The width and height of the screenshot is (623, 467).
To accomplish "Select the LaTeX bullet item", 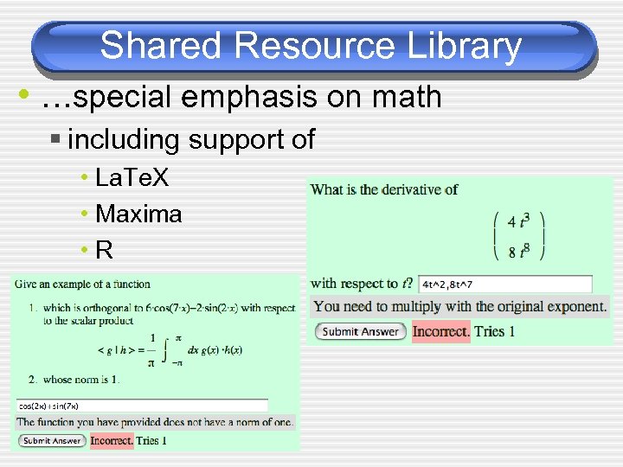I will coord(132,179).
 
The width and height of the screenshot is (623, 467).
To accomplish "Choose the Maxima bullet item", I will coord(138,214).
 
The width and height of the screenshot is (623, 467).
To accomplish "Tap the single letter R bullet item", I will coord(105,250).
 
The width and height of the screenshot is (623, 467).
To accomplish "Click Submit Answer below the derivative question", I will coord(360,331).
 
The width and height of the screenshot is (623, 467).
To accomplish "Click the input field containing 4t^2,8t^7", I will coord(505,284).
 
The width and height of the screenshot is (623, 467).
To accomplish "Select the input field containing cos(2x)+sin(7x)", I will coord(142,405).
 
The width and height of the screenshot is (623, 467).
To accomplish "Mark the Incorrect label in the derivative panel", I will coord(440,331).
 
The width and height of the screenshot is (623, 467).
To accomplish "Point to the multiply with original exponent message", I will coord(459,306).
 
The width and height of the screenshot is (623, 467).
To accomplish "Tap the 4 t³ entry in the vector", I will coord(518,221).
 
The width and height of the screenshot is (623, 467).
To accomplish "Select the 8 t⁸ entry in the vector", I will coord(518,251).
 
